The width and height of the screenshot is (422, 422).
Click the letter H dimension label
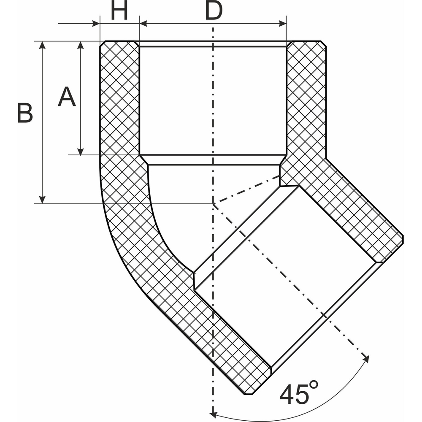coord(119,12)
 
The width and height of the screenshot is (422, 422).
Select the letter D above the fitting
coord(214,12)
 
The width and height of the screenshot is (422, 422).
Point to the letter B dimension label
coord(25,114)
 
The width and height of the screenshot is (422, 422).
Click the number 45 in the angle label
coord(295,394)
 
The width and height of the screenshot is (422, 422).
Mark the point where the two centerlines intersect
coord(214,204)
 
